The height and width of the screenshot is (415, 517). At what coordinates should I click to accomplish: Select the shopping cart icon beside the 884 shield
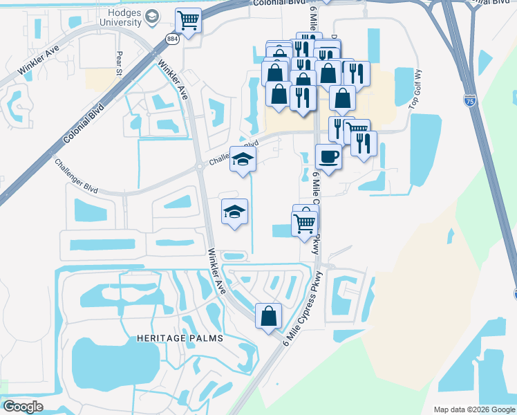point(187,20)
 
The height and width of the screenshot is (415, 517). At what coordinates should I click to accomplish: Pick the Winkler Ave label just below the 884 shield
point(173,80)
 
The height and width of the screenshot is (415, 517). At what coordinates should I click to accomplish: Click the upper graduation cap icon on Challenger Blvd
point(243,160)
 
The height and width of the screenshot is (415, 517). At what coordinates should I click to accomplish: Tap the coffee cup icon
point(328,156)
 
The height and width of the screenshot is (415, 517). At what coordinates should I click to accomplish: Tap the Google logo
point(23,407)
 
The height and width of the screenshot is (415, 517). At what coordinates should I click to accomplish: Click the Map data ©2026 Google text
point(474,409)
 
